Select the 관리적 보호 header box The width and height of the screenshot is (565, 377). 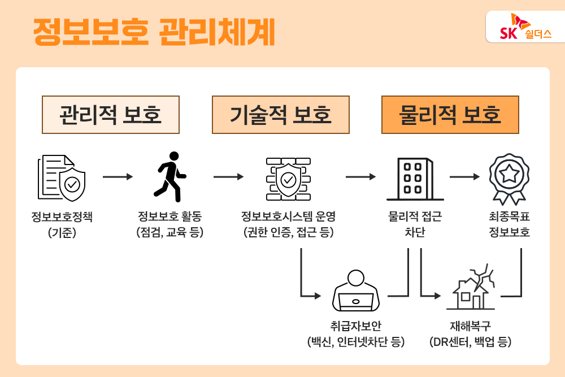(x=111, y=115)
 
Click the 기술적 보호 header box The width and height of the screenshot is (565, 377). (x=280, y=115)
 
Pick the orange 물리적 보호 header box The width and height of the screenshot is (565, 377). (x=450, y=115)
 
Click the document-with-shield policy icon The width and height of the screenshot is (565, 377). (x=62, y=177)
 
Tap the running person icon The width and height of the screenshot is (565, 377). (x=169, y=176)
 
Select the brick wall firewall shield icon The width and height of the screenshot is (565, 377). (x=288, y=177)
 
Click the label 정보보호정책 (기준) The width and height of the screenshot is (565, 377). (x=62, y=224)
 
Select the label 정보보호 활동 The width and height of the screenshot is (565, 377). (x=169, y=216)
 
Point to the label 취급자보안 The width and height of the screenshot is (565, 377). (x=355, y=327)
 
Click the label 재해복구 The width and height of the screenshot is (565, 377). (x=470, y=327)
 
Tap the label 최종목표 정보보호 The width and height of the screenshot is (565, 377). (x=509, y=224)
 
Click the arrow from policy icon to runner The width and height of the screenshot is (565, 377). (x=118, y=177)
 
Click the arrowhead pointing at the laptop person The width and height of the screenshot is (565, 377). (x=317, y=296)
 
